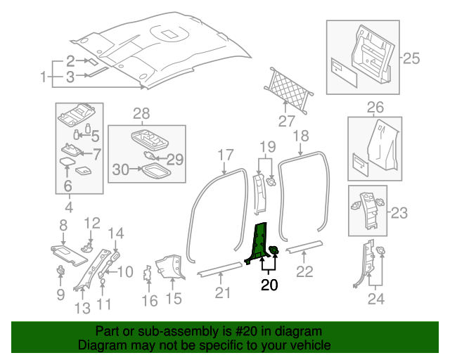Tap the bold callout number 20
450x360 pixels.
point(269,285)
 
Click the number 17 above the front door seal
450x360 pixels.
point(225,155)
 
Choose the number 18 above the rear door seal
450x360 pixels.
point(300,136)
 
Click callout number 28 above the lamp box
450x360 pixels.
point(141,113)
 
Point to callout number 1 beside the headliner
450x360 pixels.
point(43,76)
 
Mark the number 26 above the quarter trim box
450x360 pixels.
point(375,108)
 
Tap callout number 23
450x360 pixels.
point(399,212)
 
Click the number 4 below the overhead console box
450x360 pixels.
point(68,207)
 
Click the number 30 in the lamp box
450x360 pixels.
point(121,169)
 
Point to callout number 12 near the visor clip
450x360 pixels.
point(93,223)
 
